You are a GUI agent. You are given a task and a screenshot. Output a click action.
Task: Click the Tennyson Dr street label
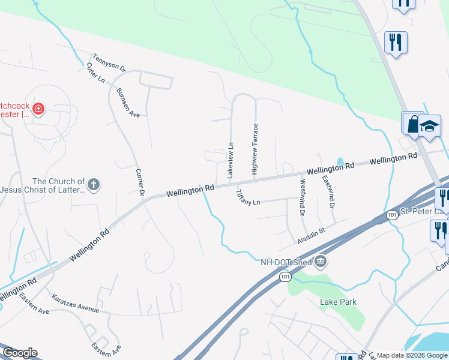[109, 63]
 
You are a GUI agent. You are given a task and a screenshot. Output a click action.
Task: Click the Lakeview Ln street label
[229, 160]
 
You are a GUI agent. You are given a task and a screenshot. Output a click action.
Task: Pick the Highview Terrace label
[255, 149]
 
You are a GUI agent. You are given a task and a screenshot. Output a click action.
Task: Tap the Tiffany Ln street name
[248, 197]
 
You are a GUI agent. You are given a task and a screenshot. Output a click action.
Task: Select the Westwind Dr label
[302, 198]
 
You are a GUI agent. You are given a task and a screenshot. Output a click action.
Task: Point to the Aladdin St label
[311, 235]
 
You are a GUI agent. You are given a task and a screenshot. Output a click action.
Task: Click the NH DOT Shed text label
[286, 262]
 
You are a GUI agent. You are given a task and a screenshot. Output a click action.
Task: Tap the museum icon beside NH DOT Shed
[321, 260]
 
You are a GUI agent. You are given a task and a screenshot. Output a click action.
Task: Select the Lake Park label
[333, 301]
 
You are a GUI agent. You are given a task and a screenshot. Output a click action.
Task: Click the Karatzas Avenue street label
[75, 304]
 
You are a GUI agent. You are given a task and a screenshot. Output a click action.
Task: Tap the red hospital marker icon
[38, 109]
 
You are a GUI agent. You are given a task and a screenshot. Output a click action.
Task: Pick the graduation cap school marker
[429, 126]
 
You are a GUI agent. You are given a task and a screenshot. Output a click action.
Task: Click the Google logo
[20, 353]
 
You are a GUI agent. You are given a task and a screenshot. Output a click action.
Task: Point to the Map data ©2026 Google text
[411, 355]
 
